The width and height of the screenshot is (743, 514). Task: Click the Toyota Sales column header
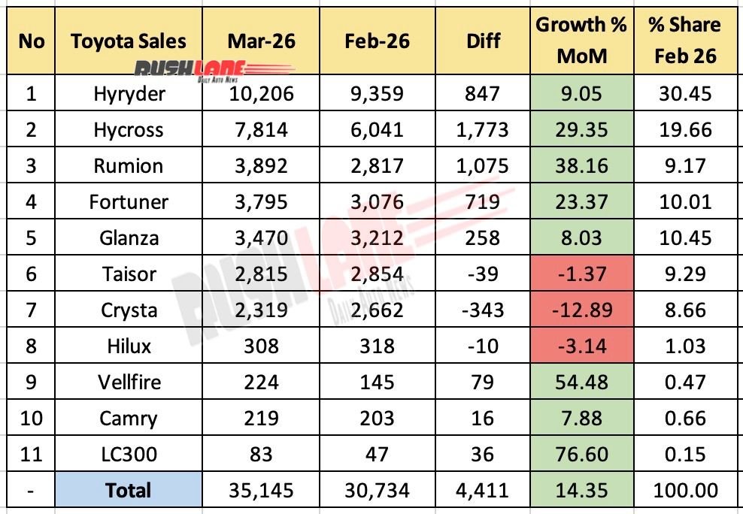129,41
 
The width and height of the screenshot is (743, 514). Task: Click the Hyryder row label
129,93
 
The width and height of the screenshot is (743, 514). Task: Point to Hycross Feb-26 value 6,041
377,129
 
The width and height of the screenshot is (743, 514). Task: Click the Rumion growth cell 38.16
581,165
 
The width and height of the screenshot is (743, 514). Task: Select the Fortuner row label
129,201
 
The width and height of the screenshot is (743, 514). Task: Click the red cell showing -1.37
581,274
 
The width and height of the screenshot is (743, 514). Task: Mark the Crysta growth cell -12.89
581,310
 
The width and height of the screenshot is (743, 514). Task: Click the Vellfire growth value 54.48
581,382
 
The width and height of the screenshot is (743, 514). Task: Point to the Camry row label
129,418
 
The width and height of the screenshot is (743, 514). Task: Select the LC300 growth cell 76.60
581,454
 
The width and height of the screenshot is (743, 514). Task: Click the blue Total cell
129,491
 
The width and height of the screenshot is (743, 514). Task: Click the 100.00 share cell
684,491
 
